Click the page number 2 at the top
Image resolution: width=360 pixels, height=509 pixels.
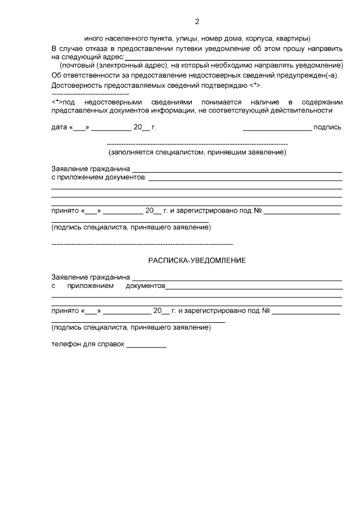(x=197, y=22)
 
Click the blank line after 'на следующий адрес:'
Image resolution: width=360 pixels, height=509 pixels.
(x=233, y=58)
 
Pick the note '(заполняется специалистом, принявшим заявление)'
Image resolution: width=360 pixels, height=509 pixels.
(x=197, y=152)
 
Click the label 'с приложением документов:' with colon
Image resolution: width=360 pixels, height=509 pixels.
(x=99, y=178)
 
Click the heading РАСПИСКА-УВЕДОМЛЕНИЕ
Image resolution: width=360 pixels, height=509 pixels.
(x=197, y=260)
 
